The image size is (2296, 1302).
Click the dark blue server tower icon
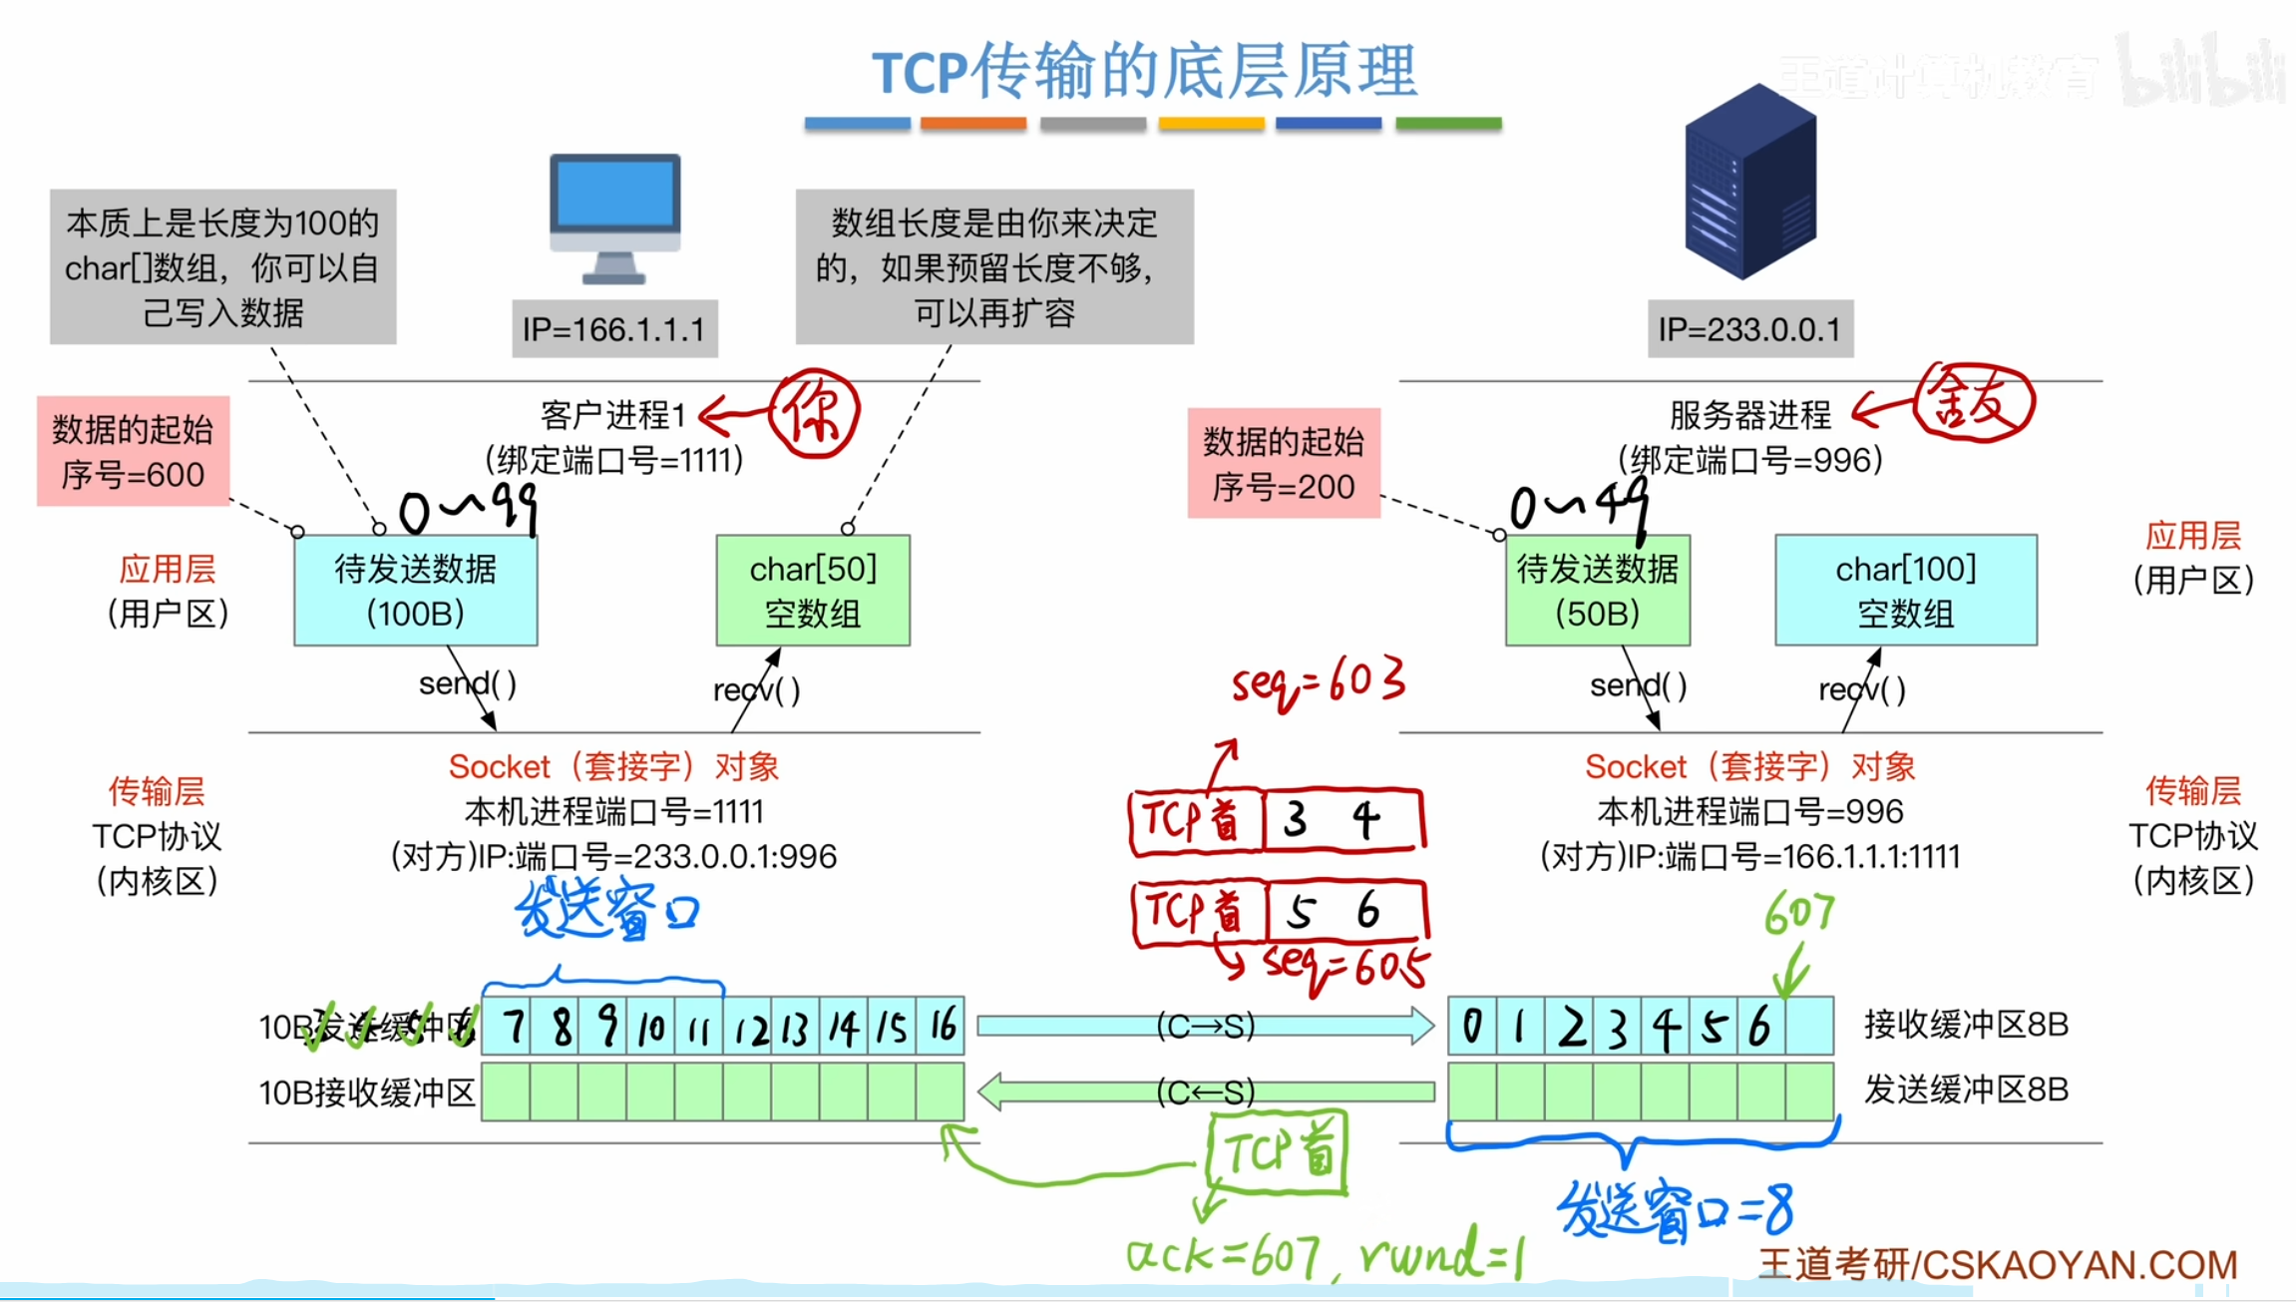pos(1750,182)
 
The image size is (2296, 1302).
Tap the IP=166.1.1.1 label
pos(614,329)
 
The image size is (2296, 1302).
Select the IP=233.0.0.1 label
pos(1749,329)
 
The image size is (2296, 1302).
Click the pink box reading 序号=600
pos(133,452)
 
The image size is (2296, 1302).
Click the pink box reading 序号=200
pos(1284,464)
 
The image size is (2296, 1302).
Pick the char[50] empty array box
pos(813,591)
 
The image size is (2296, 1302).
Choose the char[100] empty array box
pos(1905,591)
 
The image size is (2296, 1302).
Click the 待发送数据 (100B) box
pos(415,591)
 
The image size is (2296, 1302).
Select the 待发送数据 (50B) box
pos(1597,591)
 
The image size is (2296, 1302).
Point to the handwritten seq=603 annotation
pos(1318,683)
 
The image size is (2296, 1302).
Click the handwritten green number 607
pos(1798,913)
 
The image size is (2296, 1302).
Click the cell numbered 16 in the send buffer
pos(942,1026)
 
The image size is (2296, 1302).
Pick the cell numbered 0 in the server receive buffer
pos(1471,1026)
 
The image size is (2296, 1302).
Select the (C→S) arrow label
pos(1205,1026)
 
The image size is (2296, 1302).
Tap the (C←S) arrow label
pos(1205,1091)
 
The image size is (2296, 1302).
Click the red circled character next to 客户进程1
pos(815,414)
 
